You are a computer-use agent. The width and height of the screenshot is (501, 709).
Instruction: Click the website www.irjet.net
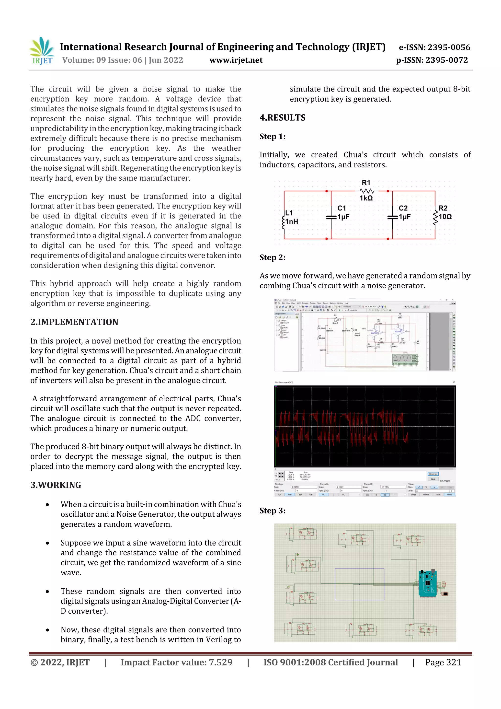click(x=236, y=60)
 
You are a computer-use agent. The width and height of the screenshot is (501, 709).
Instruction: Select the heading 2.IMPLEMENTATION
click(x=74, y=322)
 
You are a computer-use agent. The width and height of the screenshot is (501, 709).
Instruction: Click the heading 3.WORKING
click(x=56, y=485)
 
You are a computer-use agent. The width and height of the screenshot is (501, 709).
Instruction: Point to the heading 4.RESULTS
click(x=283, y=118)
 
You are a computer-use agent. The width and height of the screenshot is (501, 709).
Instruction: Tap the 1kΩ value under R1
click(x=366, y=198)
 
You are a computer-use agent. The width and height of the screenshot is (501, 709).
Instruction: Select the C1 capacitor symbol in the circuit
click(x=331, y=217)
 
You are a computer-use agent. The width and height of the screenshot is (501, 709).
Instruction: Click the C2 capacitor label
click(x=403, y=208)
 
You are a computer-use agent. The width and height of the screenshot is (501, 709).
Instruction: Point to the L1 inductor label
click(x=289, y=213)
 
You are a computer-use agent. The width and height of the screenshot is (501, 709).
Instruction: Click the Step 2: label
click(x=272, y=257)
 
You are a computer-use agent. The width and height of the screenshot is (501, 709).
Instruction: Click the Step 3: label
click(x=272, y=511)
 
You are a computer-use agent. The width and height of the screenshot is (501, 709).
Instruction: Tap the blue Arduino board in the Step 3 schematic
click(x=428, y=583)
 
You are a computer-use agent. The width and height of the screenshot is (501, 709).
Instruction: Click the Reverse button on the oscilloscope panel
click(x=433, y=474)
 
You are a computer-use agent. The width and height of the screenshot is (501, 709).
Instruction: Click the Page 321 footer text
click(x=443, y=662)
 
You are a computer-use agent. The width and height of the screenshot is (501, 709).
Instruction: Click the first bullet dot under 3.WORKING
click(x=47, y=505)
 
